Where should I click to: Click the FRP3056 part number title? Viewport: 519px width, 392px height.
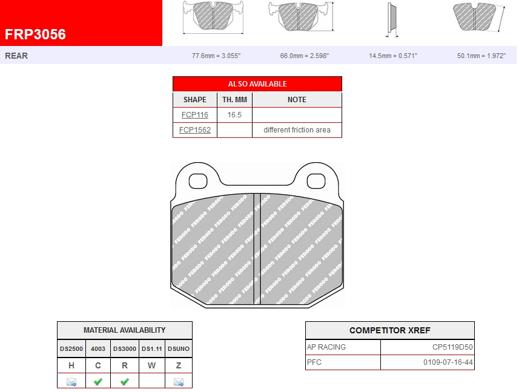[x=36, y=34]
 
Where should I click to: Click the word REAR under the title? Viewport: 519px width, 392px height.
[x=16, y=56]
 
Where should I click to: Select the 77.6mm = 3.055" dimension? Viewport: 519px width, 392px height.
[x=216, y=56]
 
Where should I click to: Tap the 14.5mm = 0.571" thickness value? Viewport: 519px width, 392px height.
[x=393, y=56]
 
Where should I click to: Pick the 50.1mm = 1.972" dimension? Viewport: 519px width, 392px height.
[x=481, y=56]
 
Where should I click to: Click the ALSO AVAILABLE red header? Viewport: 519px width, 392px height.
[x=257, y=84]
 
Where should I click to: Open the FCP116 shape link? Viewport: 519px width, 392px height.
[x=195, y=114]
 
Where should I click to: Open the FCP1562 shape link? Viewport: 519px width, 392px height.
[x=195, y=130]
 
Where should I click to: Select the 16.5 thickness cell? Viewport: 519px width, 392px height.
[x=234, y=114]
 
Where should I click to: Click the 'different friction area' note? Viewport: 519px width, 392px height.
[x=297, y=130]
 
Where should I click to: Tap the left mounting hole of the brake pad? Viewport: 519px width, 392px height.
[x=198, y=181]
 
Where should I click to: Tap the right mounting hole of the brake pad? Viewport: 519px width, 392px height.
[x=316, y=181]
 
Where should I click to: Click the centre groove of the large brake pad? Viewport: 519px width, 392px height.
[x=257, y=248]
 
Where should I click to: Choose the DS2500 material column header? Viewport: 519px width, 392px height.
[x=71, y=348]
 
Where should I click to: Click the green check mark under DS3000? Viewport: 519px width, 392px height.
[x=125, y=382]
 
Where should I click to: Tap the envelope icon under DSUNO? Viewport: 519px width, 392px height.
[x=179, y=382]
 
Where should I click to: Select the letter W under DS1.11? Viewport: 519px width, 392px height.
[x=151, y=365]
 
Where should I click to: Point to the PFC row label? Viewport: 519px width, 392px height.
[x=315, y=362]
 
